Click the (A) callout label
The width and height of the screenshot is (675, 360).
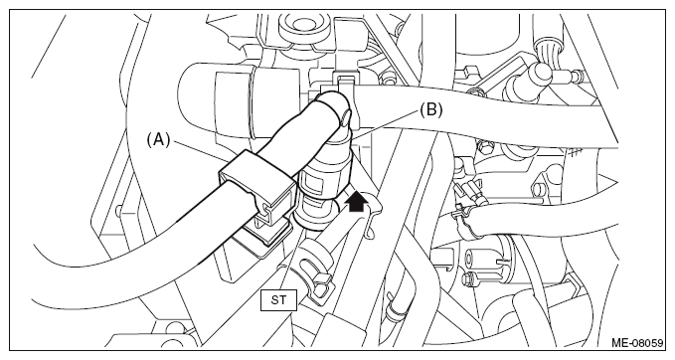click(159, 140)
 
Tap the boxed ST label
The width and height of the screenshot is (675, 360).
click(278, 300)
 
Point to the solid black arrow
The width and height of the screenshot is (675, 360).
click(357, 202)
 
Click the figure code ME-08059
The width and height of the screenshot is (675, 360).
click(637, 343)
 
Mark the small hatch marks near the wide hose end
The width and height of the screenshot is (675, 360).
click(575, 152)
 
